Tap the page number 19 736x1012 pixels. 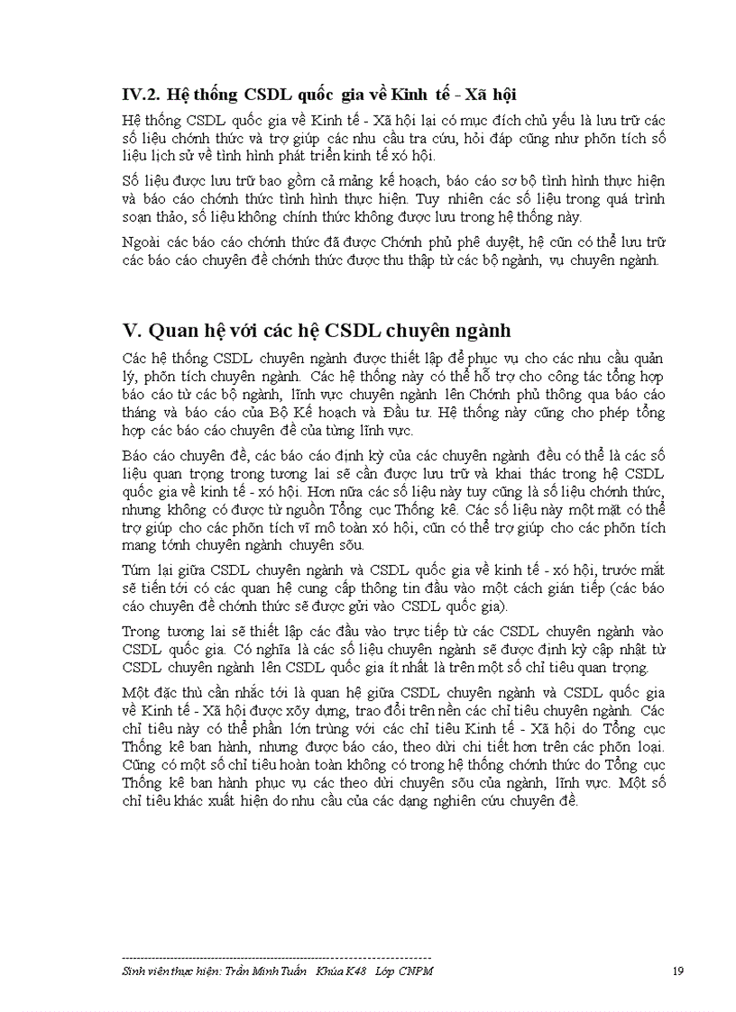pyautogui.click(x=678, y=971)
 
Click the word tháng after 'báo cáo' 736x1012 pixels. pyautogui.click(x=140, y=414)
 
